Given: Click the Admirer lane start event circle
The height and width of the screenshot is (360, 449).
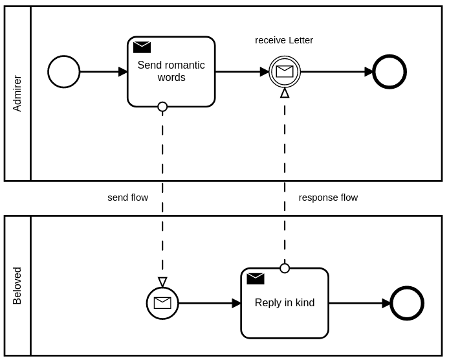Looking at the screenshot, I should point(64,72).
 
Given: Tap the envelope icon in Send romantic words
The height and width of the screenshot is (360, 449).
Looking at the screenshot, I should point(142,47).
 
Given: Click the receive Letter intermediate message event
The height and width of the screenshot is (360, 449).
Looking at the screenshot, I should point(285,72).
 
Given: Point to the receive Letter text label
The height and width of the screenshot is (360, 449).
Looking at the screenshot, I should point(284,40).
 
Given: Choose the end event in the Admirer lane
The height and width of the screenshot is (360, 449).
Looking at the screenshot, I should point(389,72).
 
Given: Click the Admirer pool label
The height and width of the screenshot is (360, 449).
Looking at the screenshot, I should point(17,93).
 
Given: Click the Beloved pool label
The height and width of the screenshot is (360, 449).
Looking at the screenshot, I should point(17,286).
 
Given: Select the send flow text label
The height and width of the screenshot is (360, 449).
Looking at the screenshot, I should point(127,197).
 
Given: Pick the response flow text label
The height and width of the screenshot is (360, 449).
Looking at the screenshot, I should point(328,197).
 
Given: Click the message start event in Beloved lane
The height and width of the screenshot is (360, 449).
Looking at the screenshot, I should point(162,303).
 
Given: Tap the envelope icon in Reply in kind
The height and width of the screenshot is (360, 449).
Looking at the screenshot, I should point(256,279).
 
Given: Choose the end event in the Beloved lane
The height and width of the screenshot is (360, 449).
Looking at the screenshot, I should point(407,303).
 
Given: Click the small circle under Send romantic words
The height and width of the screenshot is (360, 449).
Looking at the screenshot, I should point(162,107).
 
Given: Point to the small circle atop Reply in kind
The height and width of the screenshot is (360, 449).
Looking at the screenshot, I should point(285,268).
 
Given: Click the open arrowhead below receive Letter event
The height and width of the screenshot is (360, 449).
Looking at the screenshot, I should point(285,93).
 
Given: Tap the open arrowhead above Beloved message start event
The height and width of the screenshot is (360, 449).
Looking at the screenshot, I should point(162,282).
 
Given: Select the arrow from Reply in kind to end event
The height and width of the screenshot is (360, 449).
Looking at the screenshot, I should point(360,303).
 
